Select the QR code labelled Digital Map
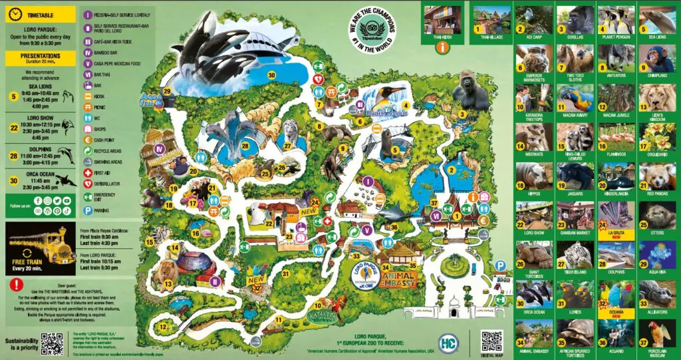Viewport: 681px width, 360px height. pyautogui.click(x=491, y=340)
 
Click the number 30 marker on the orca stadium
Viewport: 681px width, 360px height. pyautogui.click(x=271, y=75)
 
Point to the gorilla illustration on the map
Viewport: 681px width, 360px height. pyautogui.click(x=471, y=91)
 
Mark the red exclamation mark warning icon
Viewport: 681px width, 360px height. pyautogui.click(x=14, y=284)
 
